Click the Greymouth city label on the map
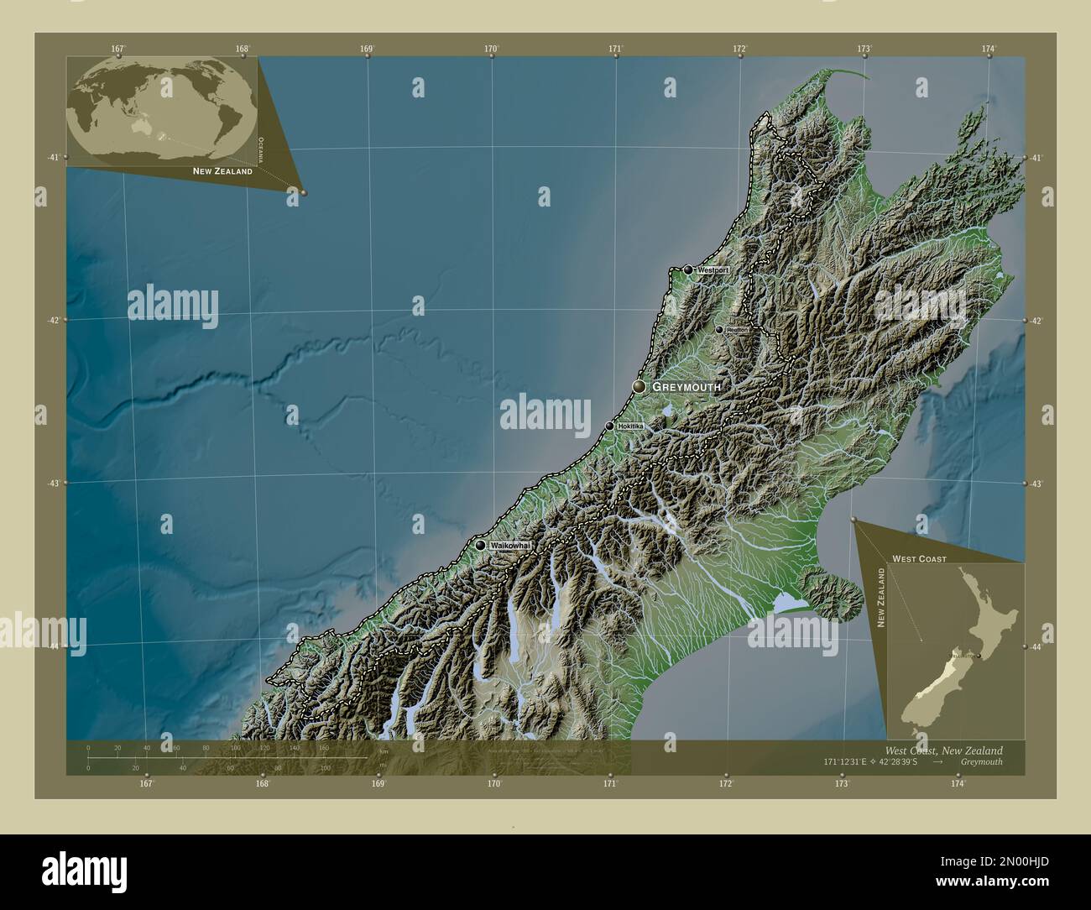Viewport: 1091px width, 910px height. (x=686, y=387)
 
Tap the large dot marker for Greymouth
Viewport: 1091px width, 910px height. (x=640, y=386)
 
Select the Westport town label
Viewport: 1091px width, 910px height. (x=710, y=271)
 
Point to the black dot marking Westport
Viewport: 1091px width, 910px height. (x=689, y=269)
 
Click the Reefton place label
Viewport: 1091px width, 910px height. (x=738, y=331)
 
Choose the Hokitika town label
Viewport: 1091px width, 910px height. (x=630, y=427)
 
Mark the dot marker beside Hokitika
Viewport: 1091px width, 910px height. (x=610, y=426)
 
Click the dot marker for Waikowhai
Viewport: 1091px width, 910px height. (x=480, y=545)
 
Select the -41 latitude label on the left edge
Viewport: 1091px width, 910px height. (x=53, y=157)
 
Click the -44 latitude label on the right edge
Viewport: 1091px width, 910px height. (x=1037, y=646)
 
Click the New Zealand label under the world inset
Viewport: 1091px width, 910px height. (x=222, y=171)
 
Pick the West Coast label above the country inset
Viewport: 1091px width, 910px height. (x=919, y=558)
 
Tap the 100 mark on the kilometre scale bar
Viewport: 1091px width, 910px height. (x=235, y=747)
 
